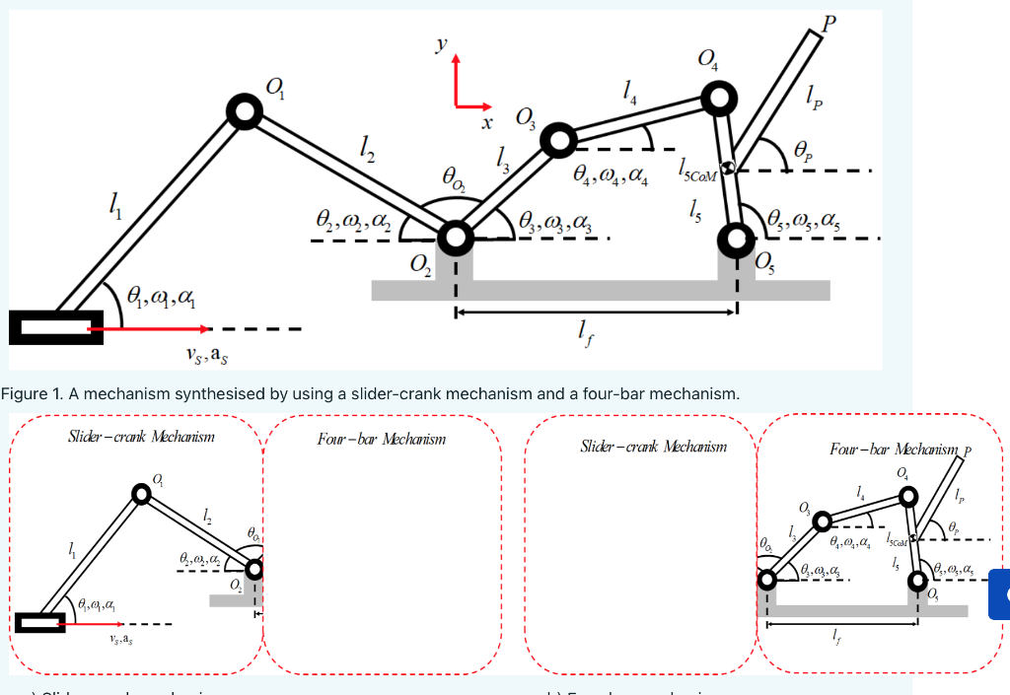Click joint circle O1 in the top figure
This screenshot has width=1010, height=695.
pos(244,111)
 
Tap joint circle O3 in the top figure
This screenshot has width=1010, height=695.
pos(557,141)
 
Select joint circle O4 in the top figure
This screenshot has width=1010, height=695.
pos(719,97)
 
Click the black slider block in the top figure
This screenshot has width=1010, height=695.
pos(55,326)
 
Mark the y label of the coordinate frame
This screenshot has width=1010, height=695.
pos(441,44)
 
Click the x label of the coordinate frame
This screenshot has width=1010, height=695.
pos(485,122)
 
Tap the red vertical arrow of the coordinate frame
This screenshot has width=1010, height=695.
pos(456,79)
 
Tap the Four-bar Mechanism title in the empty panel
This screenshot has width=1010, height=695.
pos(381,439)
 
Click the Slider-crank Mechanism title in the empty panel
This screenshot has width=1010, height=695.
pos(653,447)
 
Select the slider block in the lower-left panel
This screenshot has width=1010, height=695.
pos(39,622)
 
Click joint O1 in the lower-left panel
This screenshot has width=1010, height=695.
pos(142,496)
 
